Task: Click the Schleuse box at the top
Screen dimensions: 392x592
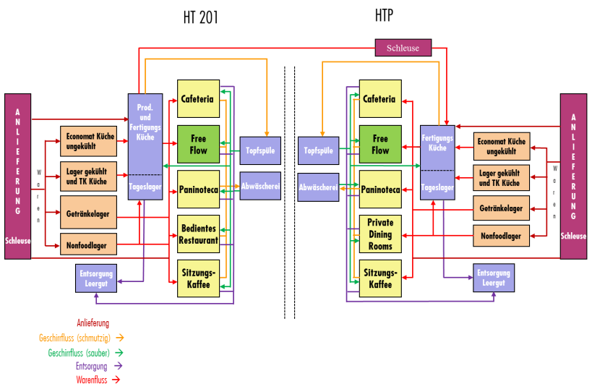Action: point(403,48)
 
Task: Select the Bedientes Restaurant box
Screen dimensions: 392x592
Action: point(198,234)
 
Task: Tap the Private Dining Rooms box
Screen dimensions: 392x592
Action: point(380,234)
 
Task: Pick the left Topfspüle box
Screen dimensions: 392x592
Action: point(259,150)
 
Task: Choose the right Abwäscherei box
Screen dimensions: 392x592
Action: point(318,187)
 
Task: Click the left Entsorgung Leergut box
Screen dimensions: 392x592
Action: point(95,278)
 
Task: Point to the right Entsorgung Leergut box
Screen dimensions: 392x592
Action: point(494,278)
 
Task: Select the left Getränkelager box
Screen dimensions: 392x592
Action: point(87,214)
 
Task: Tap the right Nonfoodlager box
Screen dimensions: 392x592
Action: point(501,235)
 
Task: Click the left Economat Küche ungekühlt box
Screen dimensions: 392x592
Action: point(87,141)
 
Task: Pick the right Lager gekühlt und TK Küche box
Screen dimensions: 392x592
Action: point(501,178)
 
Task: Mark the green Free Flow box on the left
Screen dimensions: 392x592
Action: point(198,144)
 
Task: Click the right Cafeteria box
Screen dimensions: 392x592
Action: point(380,98)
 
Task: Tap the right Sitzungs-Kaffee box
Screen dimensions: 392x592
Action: point(380,278)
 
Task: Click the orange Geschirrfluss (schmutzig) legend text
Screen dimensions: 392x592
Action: point(76,337)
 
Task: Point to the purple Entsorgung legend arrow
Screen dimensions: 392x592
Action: point(118,366)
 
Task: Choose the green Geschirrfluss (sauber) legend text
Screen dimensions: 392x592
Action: point(79,352)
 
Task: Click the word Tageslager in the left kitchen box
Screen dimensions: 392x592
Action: point(145,187)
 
